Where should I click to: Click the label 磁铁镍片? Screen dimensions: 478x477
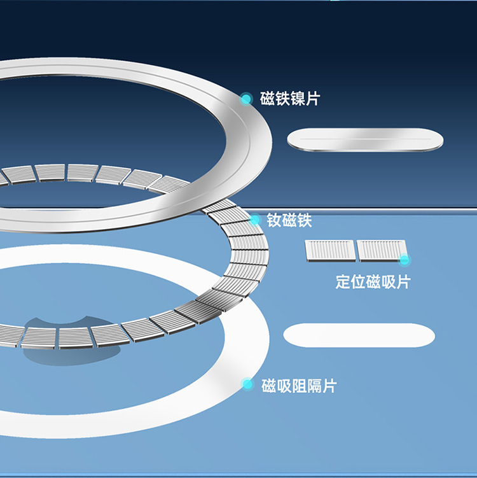point(290,99)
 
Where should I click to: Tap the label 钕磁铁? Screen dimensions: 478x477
point(289,221)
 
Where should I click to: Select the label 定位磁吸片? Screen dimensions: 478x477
point(373,282)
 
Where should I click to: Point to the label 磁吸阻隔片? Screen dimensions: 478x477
point(299,385)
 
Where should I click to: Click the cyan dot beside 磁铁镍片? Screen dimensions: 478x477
point(246,99)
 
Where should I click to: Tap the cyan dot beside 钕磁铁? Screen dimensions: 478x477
point(255,220)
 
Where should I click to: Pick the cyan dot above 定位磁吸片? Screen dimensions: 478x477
point(404,259)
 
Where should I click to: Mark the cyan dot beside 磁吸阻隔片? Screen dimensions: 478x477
point(248,384)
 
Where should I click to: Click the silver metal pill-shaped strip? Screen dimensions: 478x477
point(365,140)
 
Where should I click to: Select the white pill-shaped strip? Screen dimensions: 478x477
point(359,335)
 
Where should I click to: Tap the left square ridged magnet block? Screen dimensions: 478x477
point(329,250)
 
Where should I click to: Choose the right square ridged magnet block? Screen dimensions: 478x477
point(380,250)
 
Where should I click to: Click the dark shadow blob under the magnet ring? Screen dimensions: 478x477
point(54,341)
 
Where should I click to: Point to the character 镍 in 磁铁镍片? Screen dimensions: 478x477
point(298,99)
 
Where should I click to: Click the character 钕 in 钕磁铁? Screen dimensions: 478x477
point(274,221)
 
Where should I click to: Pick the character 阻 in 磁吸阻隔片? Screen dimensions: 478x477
point(299,385)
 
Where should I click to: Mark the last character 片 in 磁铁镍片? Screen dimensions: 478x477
point(313,99)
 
